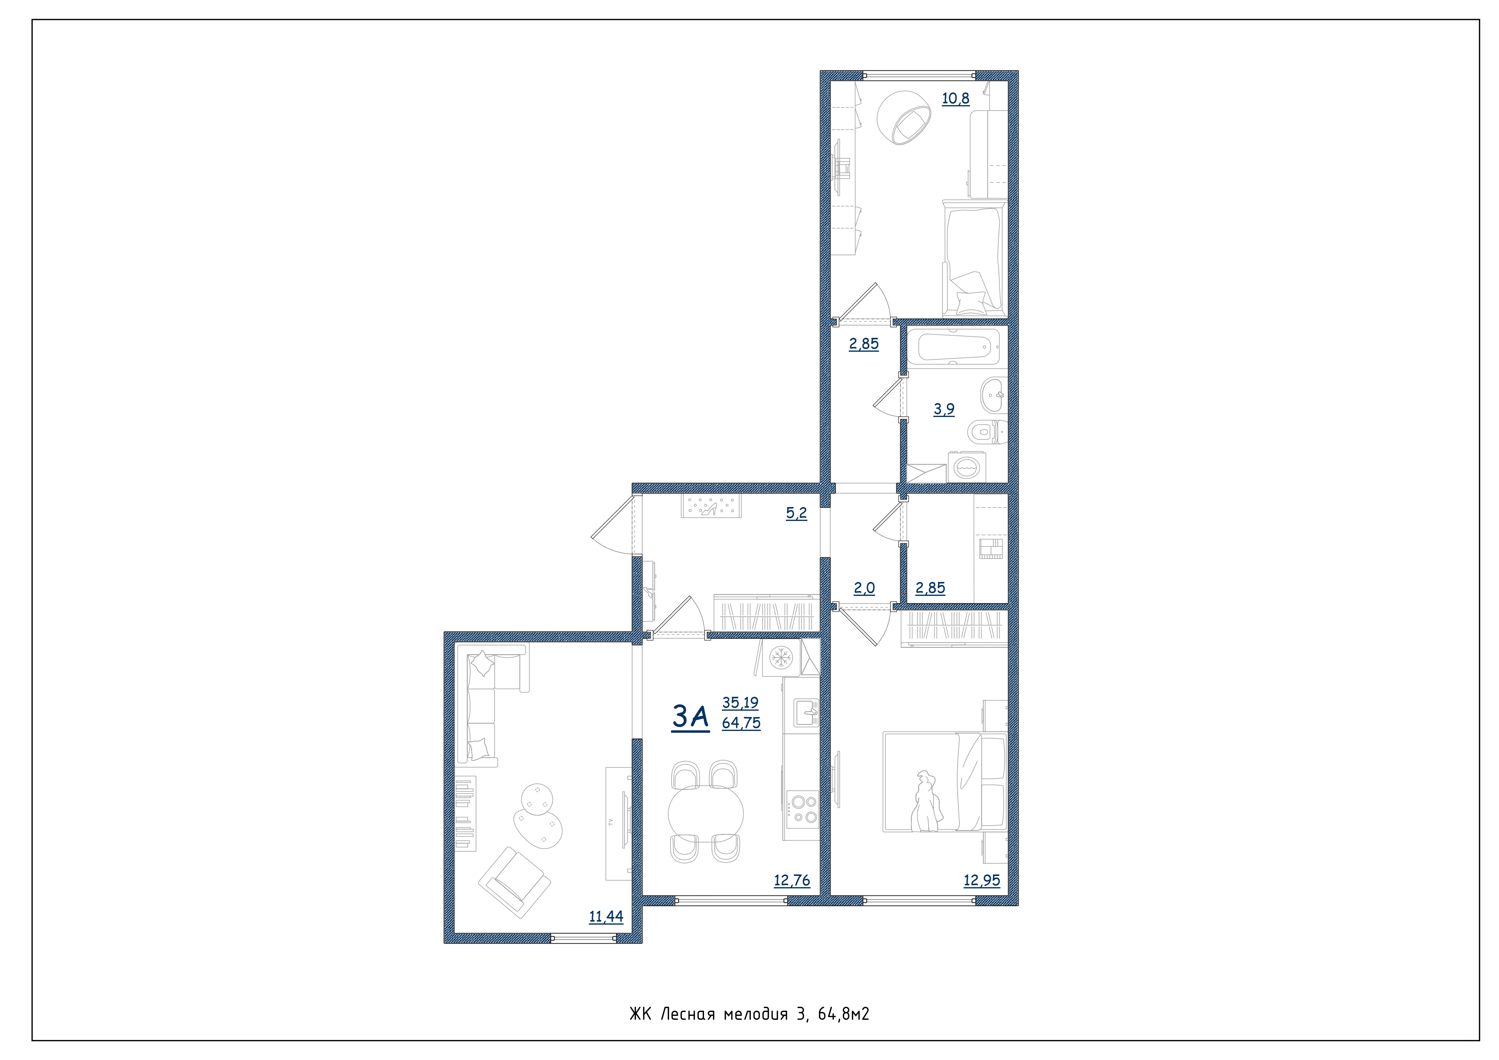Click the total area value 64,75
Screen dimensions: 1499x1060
pyautogui.click(x=741, y=723)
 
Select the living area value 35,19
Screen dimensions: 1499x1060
pyautogui.click(x=740, y=703)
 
